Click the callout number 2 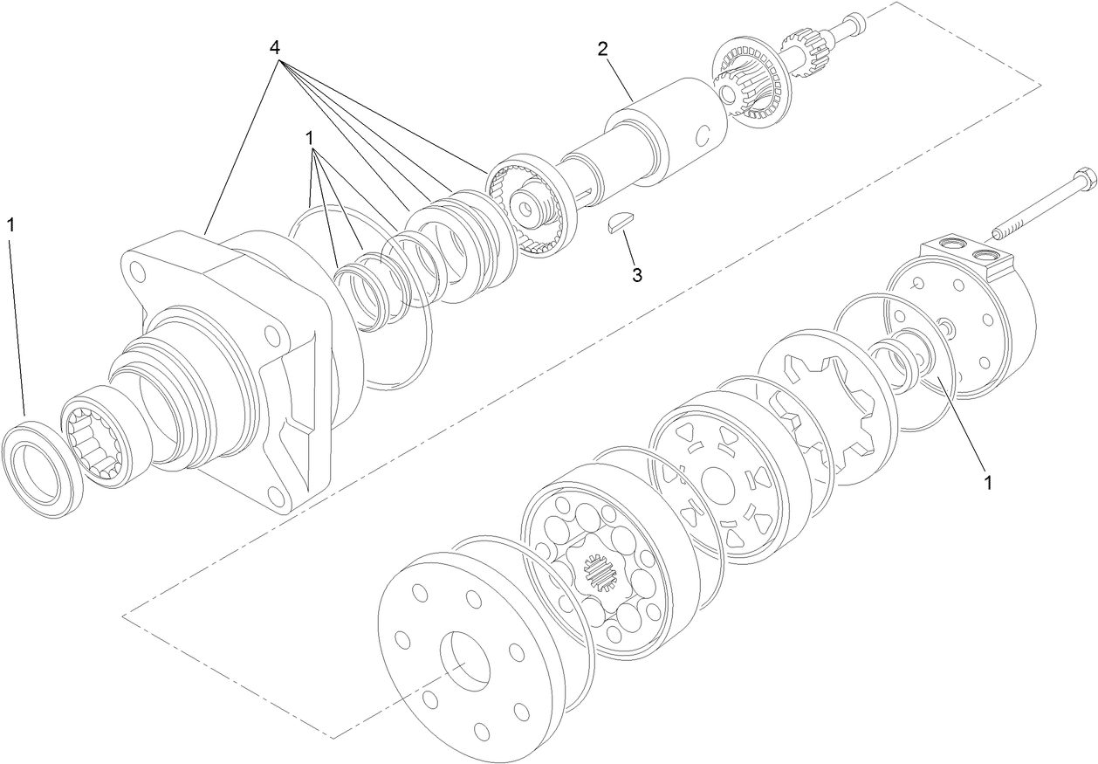click(602, 48)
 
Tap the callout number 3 click(637, 275)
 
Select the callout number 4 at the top click(275, 48)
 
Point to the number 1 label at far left click(10, 224)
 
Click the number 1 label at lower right click(988, 482)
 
